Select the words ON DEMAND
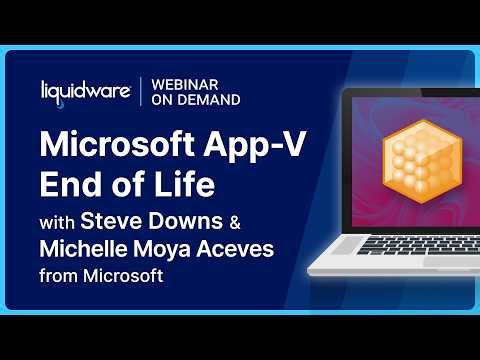tap(196, 100)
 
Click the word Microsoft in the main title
tap(113, 143)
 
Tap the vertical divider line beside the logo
tap(139, 92)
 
